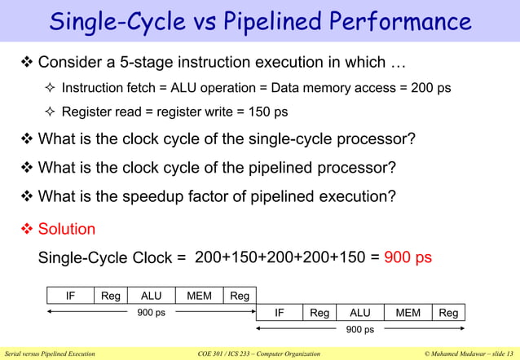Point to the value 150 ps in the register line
pyautogui.click(x=269, y=112)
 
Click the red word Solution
pyautogui.click(x=67, y=229)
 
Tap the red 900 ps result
pyautogui.click(x=408, y=257)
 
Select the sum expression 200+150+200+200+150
pyautogui.click(x=281, y=257)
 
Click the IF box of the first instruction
pyautogui.click(x=71, y=296)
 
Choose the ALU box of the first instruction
pyautogui.click(x=151, y=296)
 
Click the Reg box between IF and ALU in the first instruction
pyautogui.click(x=110, y=296)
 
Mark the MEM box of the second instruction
pyautogui.click(x=408, y=313)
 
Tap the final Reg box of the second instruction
pyautogui.click(x=448, y=313)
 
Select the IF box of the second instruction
pyautogui.click(x=280, y=313)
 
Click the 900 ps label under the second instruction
pyautogui.click(x=359, y=330)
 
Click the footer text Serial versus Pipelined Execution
pyautogui.click(x=50, y=353)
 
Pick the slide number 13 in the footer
pyautogui.click(x=509, y=353)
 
